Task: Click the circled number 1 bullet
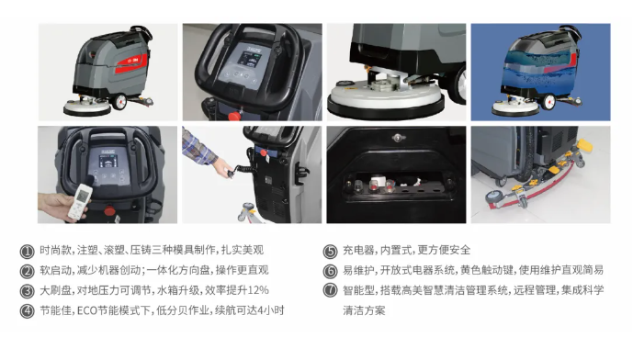27,252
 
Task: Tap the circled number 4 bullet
27,311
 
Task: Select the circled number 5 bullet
330,252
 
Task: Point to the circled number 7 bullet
330,290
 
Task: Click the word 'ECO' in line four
87,310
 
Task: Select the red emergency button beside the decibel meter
109,210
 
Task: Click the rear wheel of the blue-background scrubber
548,101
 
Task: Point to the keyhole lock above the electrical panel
398,138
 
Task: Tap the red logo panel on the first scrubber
131,63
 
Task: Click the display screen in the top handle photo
247,59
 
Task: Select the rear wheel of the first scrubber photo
119,102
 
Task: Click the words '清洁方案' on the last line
364,310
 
